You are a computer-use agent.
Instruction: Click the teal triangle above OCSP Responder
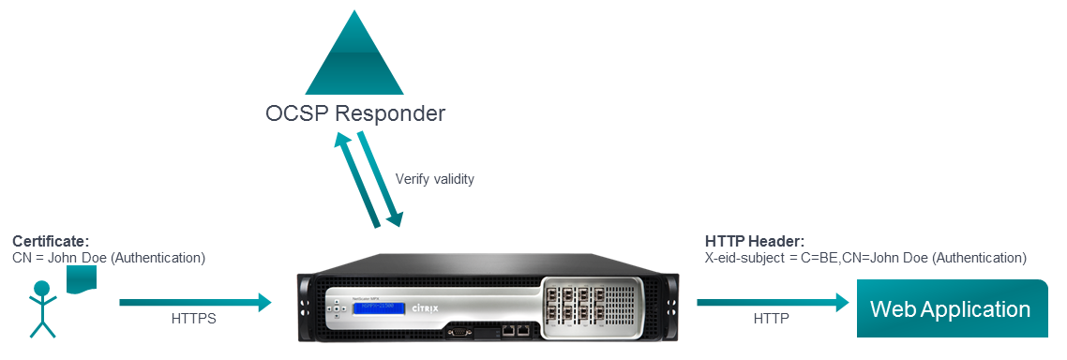click(x=353, y=58)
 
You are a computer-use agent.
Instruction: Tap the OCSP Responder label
click(x=353, y=115)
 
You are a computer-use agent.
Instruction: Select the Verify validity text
click(x=434, y=179)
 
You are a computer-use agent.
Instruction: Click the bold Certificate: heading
click(x=51, y=242)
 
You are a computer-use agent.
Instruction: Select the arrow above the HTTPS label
click(x=195, y=302)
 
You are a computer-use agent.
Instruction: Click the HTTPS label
click(x=194, y=320)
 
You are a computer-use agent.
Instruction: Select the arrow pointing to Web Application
click(x=772, y=302)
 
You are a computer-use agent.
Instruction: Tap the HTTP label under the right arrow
click(x=771, y=320)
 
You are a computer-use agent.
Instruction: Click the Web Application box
click(x=950, y=308)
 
